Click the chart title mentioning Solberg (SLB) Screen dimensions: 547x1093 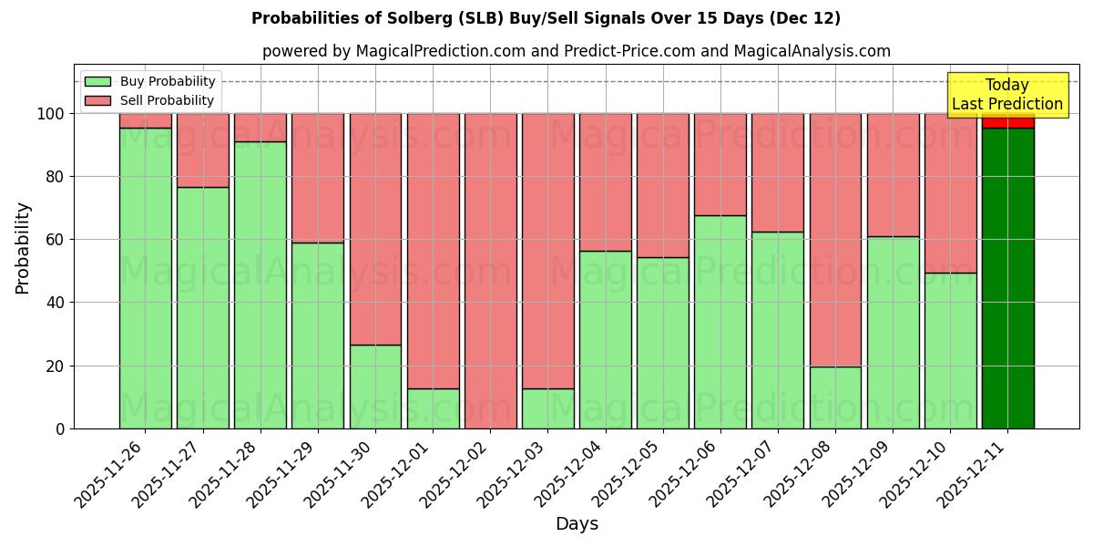pyautogui.click(x=546, y=18)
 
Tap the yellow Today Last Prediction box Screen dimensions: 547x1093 pyautogui.click(x=1006, y=95)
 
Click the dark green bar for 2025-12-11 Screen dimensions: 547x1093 pyautogui.click(x=1007, y=278)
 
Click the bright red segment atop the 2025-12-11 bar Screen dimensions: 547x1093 pyautogui.click(x=1007, y=120)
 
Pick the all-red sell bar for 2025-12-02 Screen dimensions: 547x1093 pyautogui.click(x=490, y=271)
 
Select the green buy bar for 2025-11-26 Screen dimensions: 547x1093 pyautogui.click(x=145, y=278)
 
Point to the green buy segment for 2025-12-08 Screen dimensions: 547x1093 pyautogui.click(x=835, y=397)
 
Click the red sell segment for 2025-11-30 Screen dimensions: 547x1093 pyautogui.click(x=375, y=229)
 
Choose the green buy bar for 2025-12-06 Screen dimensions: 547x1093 pyautogui.click(x=720, y=322)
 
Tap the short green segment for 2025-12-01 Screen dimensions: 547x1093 pyautogui.click(x=433, y=408)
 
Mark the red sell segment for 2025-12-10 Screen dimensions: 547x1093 pyautogui.click(x=950, y=193)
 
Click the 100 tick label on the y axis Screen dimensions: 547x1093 pyautogui.click(x=51, y=114)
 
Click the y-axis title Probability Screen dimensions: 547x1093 pyautogui.click(x=23, y=247)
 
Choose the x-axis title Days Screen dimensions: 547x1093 pyautogui.click(x=577, y=524)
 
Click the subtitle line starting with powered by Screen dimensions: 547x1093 pyautogui.click(x=576, y=51)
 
